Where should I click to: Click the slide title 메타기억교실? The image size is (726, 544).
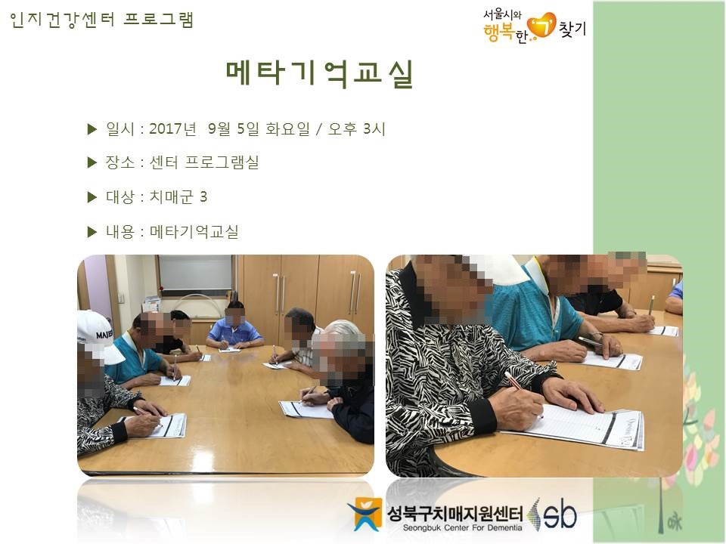click(x=319, y=73)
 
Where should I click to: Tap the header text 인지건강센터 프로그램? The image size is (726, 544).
click(x=101, y=20)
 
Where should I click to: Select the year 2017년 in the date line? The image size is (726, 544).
click(x=172, y=128)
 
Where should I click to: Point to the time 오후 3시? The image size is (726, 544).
click(x=356, y=128)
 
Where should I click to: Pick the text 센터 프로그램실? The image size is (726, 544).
click(x=203, y=162)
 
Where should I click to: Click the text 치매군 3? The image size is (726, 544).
click(x=178, y=197)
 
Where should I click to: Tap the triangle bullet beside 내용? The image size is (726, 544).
click(x=92, y=232)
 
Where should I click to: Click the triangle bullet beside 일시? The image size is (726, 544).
click(x=92, y=129)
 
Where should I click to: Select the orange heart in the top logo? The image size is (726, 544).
click(x=541, y=26)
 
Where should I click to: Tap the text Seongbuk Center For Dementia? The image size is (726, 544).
click(x=462, y=528)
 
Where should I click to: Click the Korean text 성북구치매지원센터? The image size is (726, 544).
click(x=455, y=512)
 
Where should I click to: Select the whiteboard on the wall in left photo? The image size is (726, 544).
click(x=195, y=274)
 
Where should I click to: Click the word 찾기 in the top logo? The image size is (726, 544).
click(x=572, y=29)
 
